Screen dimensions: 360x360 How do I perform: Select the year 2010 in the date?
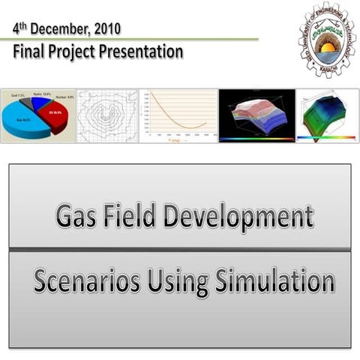pyautogui.click(x=105, y=30)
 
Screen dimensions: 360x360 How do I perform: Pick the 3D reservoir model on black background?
pyautogui.click(x=256, y=115)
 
